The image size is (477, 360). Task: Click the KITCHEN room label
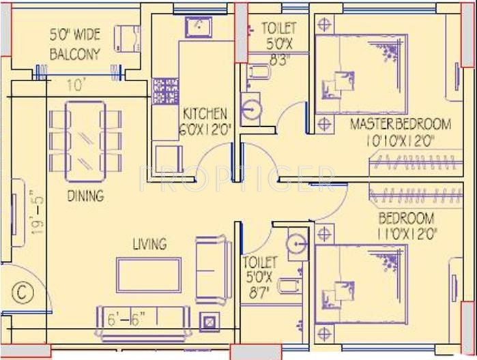click(x=204, y=112)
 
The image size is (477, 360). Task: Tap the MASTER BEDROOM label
click(x=400, y=124)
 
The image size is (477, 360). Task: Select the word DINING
click(x=85, y=196)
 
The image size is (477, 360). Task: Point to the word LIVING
click(x=149, y=243)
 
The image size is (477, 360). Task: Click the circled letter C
click(x=22, y=292)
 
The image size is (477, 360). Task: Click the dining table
click(x=85, y=141)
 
